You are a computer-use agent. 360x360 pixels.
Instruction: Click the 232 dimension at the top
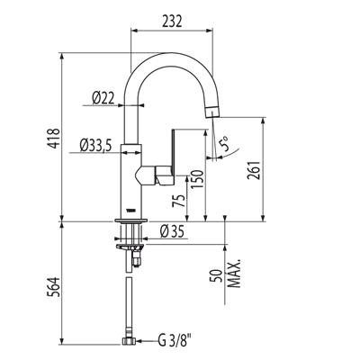pos(172,21)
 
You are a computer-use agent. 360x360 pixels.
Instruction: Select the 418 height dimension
pos(55,138)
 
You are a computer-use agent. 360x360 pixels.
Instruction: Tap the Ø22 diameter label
pos(103,98)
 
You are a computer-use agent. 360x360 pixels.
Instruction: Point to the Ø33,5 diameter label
pos(95,146)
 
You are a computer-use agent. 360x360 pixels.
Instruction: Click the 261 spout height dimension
pos(254,170)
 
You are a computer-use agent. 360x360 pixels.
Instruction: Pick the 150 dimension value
pos(197,179)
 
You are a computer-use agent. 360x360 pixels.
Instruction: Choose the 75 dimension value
pos(178,201)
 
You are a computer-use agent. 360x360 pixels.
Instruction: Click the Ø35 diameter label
pos(172,231)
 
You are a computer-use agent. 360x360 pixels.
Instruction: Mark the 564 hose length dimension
pos(55,287)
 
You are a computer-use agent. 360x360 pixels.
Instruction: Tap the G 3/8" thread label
pos(175,341)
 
